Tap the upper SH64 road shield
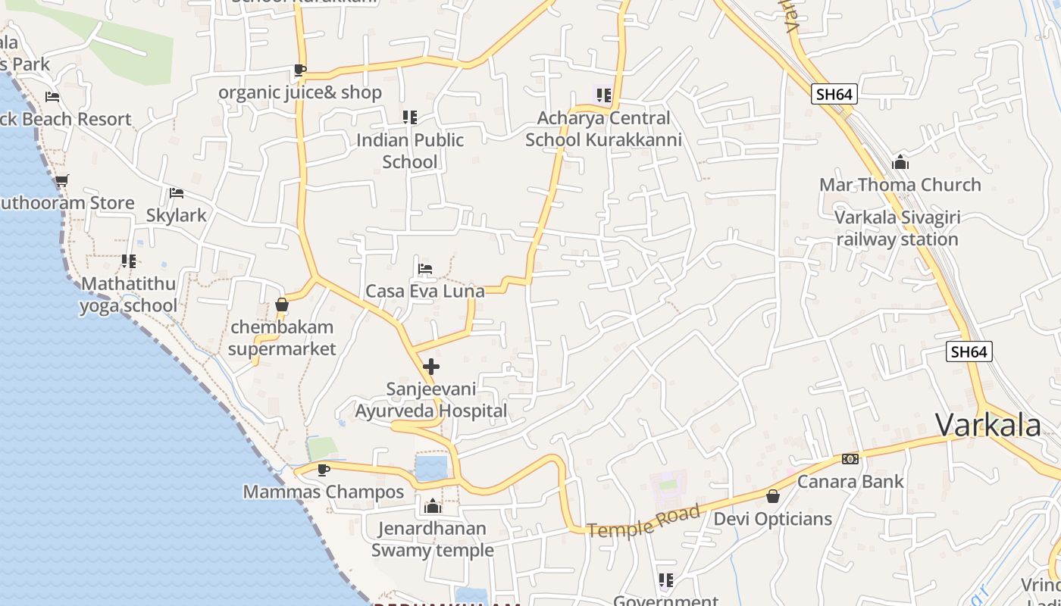(834, 94)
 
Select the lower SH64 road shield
(969, 351)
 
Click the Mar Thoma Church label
(900, 185)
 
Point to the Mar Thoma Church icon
(900, 162)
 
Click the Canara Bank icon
(850, 459)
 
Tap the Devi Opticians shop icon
(773, 496)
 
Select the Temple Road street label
(643, 523)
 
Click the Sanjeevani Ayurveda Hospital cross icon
(431, 367)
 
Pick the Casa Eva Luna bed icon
(425, 269)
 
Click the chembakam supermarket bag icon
(282, 305)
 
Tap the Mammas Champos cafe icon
(324, 470)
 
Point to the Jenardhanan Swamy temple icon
(433, 506)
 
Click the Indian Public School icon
(410, 117)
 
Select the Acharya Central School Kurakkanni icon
(604, 95)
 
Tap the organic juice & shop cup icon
(300, 70)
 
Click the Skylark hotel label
(177, 215)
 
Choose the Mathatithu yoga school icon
(129, 261)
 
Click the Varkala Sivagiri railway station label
(897, 228)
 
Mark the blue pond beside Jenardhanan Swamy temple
(431, 467)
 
